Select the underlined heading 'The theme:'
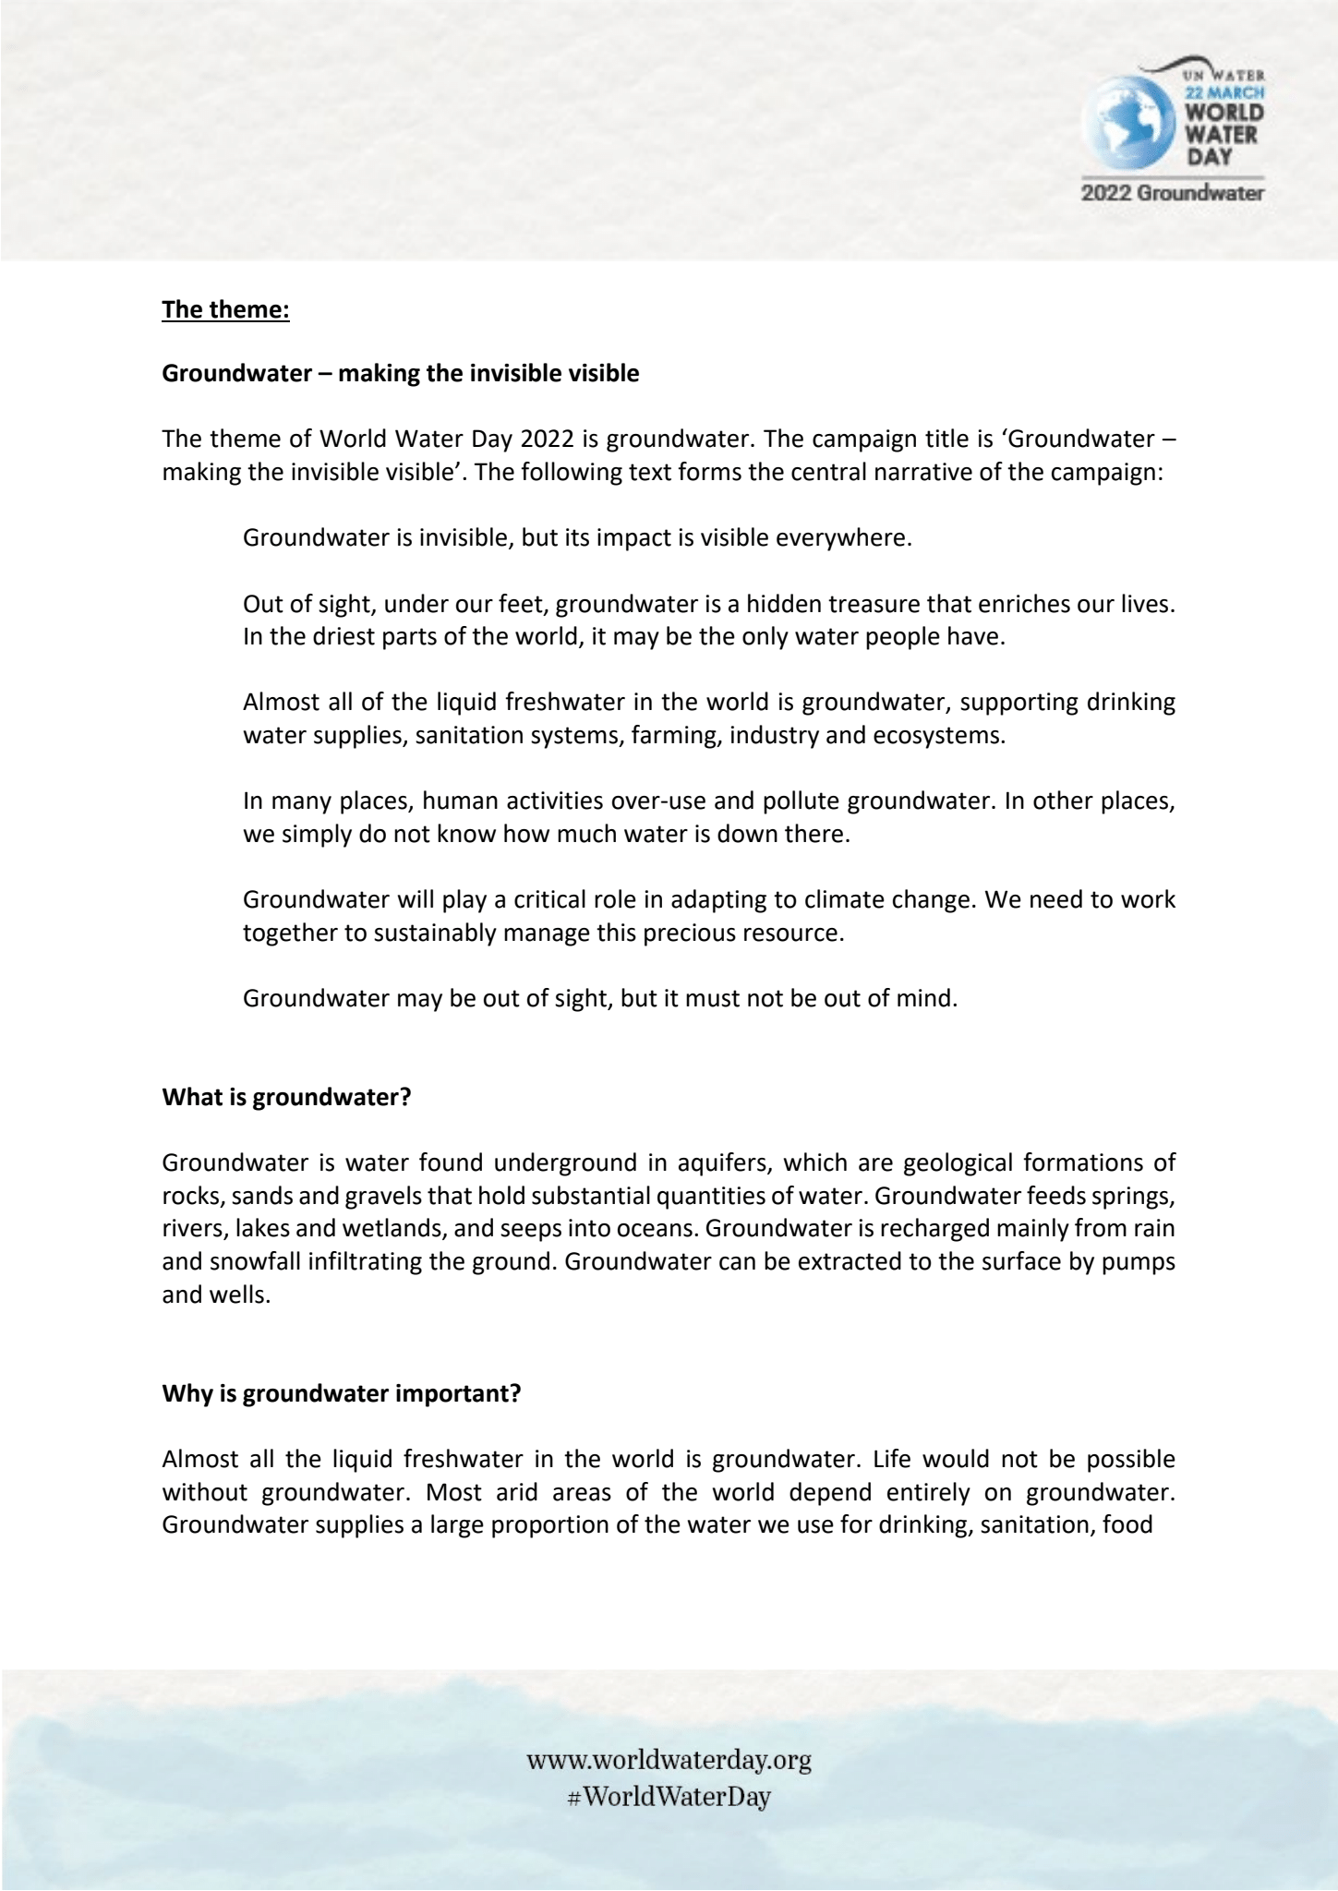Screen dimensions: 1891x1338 pos(226,309)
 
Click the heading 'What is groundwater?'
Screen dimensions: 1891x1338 pos(286,1098)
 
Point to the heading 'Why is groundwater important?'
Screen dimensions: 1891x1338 pos(342,1393)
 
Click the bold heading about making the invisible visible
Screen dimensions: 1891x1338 pos(401,374)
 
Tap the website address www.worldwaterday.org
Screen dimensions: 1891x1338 pos(669,1760)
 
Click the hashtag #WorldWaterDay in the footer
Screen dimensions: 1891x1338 pos(669,1797)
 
